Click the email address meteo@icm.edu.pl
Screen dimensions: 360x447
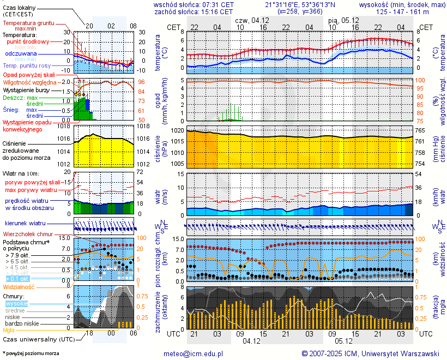click(194, 353)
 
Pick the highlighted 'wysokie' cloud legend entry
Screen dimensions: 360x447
click(16, 303)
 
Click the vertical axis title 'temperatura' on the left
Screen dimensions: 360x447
click(158, 53)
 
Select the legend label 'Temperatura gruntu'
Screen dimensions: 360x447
click(28, 23)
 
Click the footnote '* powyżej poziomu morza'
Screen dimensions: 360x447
click(31, 353)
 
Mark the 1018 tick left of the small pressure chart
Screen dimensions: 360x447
click(65, 127)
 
